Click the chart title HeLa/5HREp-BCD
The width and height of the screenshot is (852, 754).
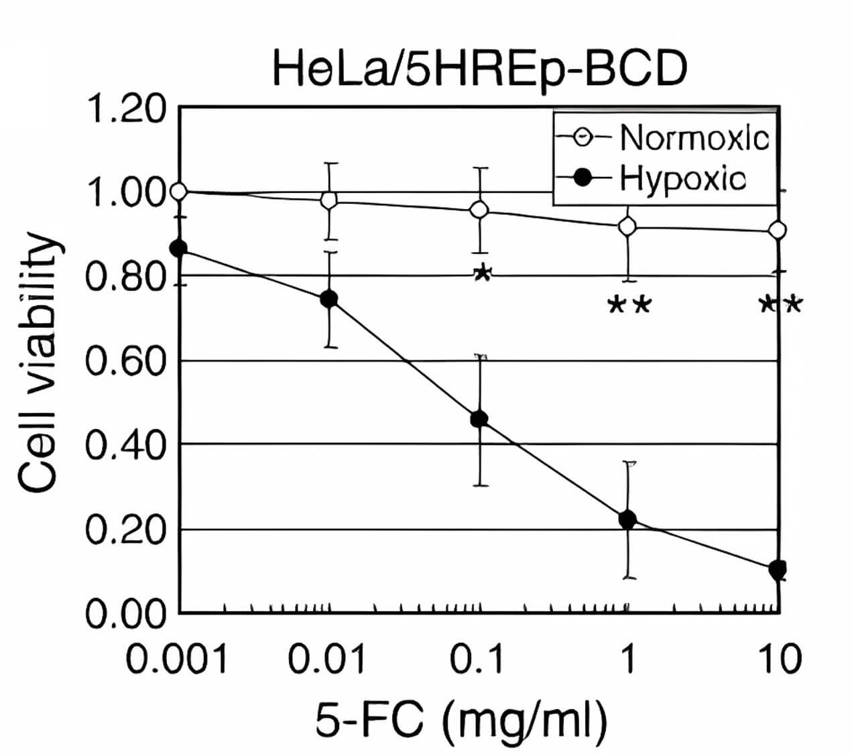(x=479, y=70)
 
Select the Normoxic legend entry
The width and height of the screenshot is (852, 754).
(x=694, y=138)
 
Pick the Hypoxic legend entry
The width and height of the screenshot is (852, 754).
(x=682, y=179)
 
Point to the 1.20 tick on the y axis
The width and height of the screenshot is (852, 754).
(x=126, y=109)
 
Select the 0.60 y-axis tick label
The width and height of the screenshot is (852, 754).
(x=126, y=362)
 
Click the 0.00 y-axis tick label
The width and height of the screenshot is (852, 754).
(x=126, y=614)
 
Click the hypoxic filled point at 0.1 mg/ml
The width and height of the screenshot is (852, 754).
(x=479, y=420)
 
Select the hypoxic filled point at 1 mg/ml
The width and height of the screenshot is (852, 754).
(x=627, y=519)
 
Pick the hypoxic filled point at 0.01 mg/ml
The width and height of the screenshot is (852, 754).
(x=328, y=299)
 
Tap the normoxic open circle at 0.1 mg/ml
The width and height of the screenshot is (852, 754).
(x=479, y=210)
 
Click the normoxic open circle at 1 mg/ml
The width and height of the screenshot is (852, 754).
(x=627, y=227)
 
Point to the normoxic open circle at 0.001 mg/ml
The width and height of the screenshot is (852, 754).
(x=178, y=192)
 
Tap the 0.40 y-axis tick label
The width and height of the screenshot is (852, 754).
(x=126, y=444)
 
